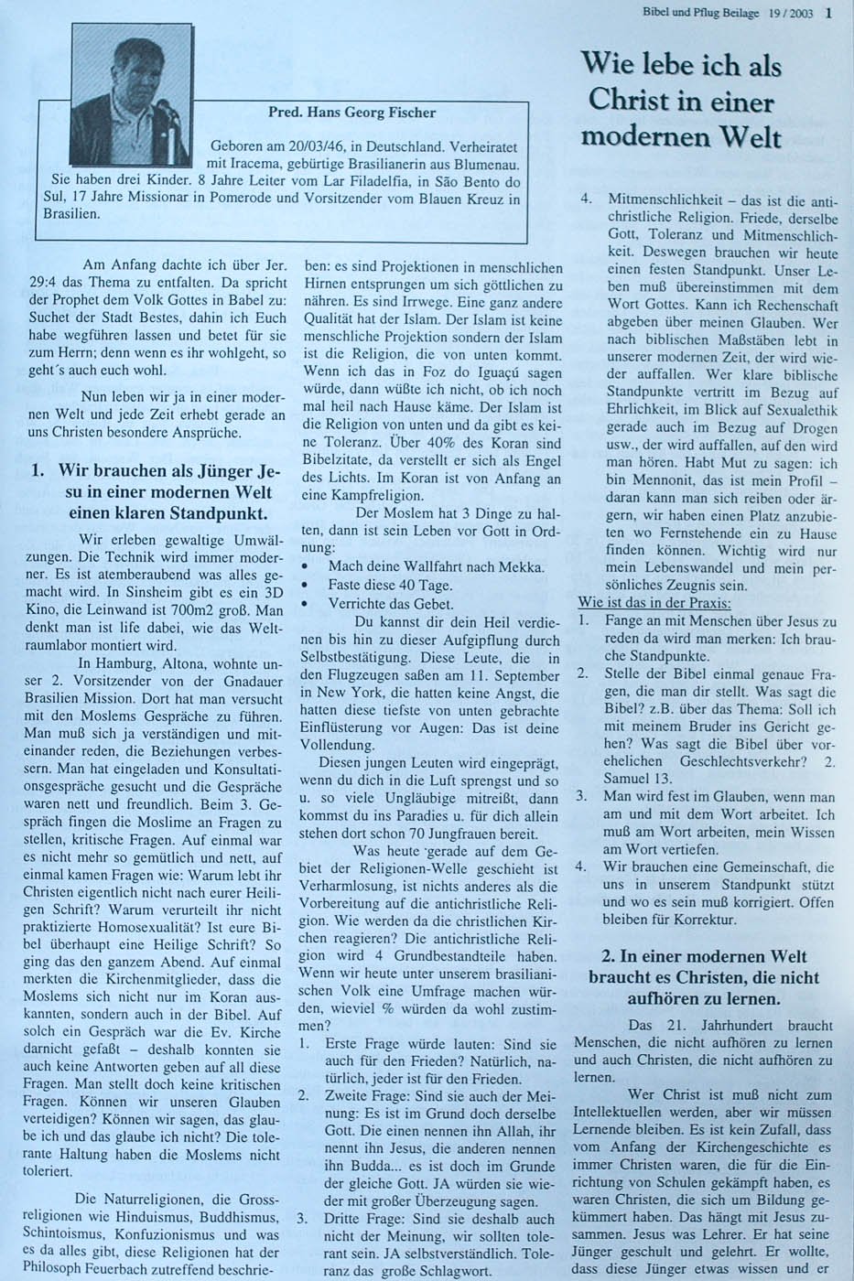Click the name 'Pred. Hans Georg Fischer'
(351, 113)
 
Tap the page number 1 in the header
(828, 13)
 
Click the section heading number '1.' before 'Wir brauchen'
(38, 472)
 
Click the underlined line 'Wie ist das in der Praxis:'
(654, 603)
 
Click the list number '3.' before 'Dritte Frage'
(303, 1219)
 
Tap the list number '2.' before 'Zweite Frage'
(303, 1094)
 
